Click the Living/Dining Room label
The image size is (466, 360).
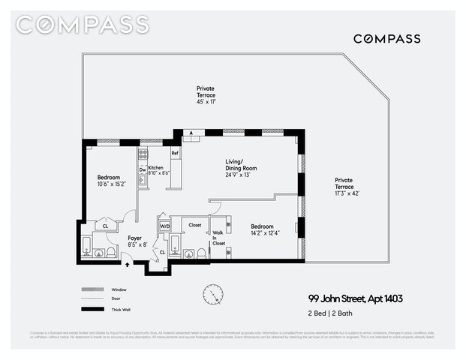(x=242, y=165)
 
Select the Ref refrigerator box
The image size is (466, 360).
(x=175, y=154)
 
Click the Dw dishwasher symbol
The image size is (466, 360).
(x=142, y=170)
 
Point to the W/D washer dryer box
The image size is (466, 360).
(x=164, y=225)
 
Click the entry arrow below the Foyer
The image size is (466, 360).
(x=126, y=263)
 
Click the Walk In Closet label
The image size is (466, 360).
(x=218, y=238)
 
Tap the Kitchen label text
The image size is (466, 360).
(x=156, y=168)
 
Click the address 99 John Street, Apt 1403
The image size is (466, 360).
(x=356, y=298)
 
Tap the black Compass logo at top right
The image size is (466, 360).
(x=386, y=38)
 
